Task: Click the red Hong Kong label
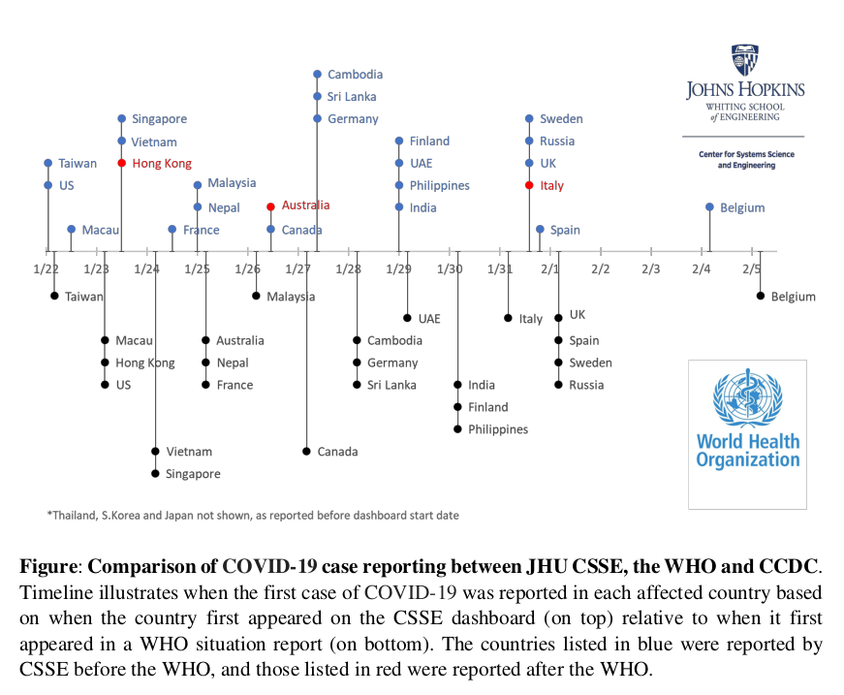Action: (x=162, y=164)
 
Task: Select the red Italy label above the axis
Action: (x=551, y=186)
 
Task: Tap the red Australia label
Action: (x=305, y=205)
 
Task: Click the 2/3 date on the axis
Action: (x=650, y=269)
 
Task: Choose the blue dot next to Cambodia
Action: (x=317, y=75)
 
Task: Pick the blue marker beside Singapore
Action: (x=122, y=119)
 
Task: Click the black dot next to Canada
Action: (x=306, y=452)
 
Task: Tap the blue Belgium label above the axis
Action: (x=742, y=208)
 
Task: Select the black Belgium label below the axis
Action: (x=793, y=297)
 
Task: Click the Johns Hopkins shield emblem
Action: (x=745, y=60)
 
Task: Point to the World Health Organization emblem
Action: (x=747, y=398)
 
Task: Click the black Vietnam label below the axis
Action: (x=189, y=452)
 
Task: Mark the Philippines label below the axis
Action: (x=498, y=429)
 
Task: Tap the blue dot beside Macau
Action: (x=71, y=230)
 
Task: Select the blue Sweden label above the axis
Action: (x=561, y=119)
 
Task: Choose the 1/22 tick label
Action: (x=45, y=269)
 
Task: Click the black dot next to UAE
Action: (x=407, y=318)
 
